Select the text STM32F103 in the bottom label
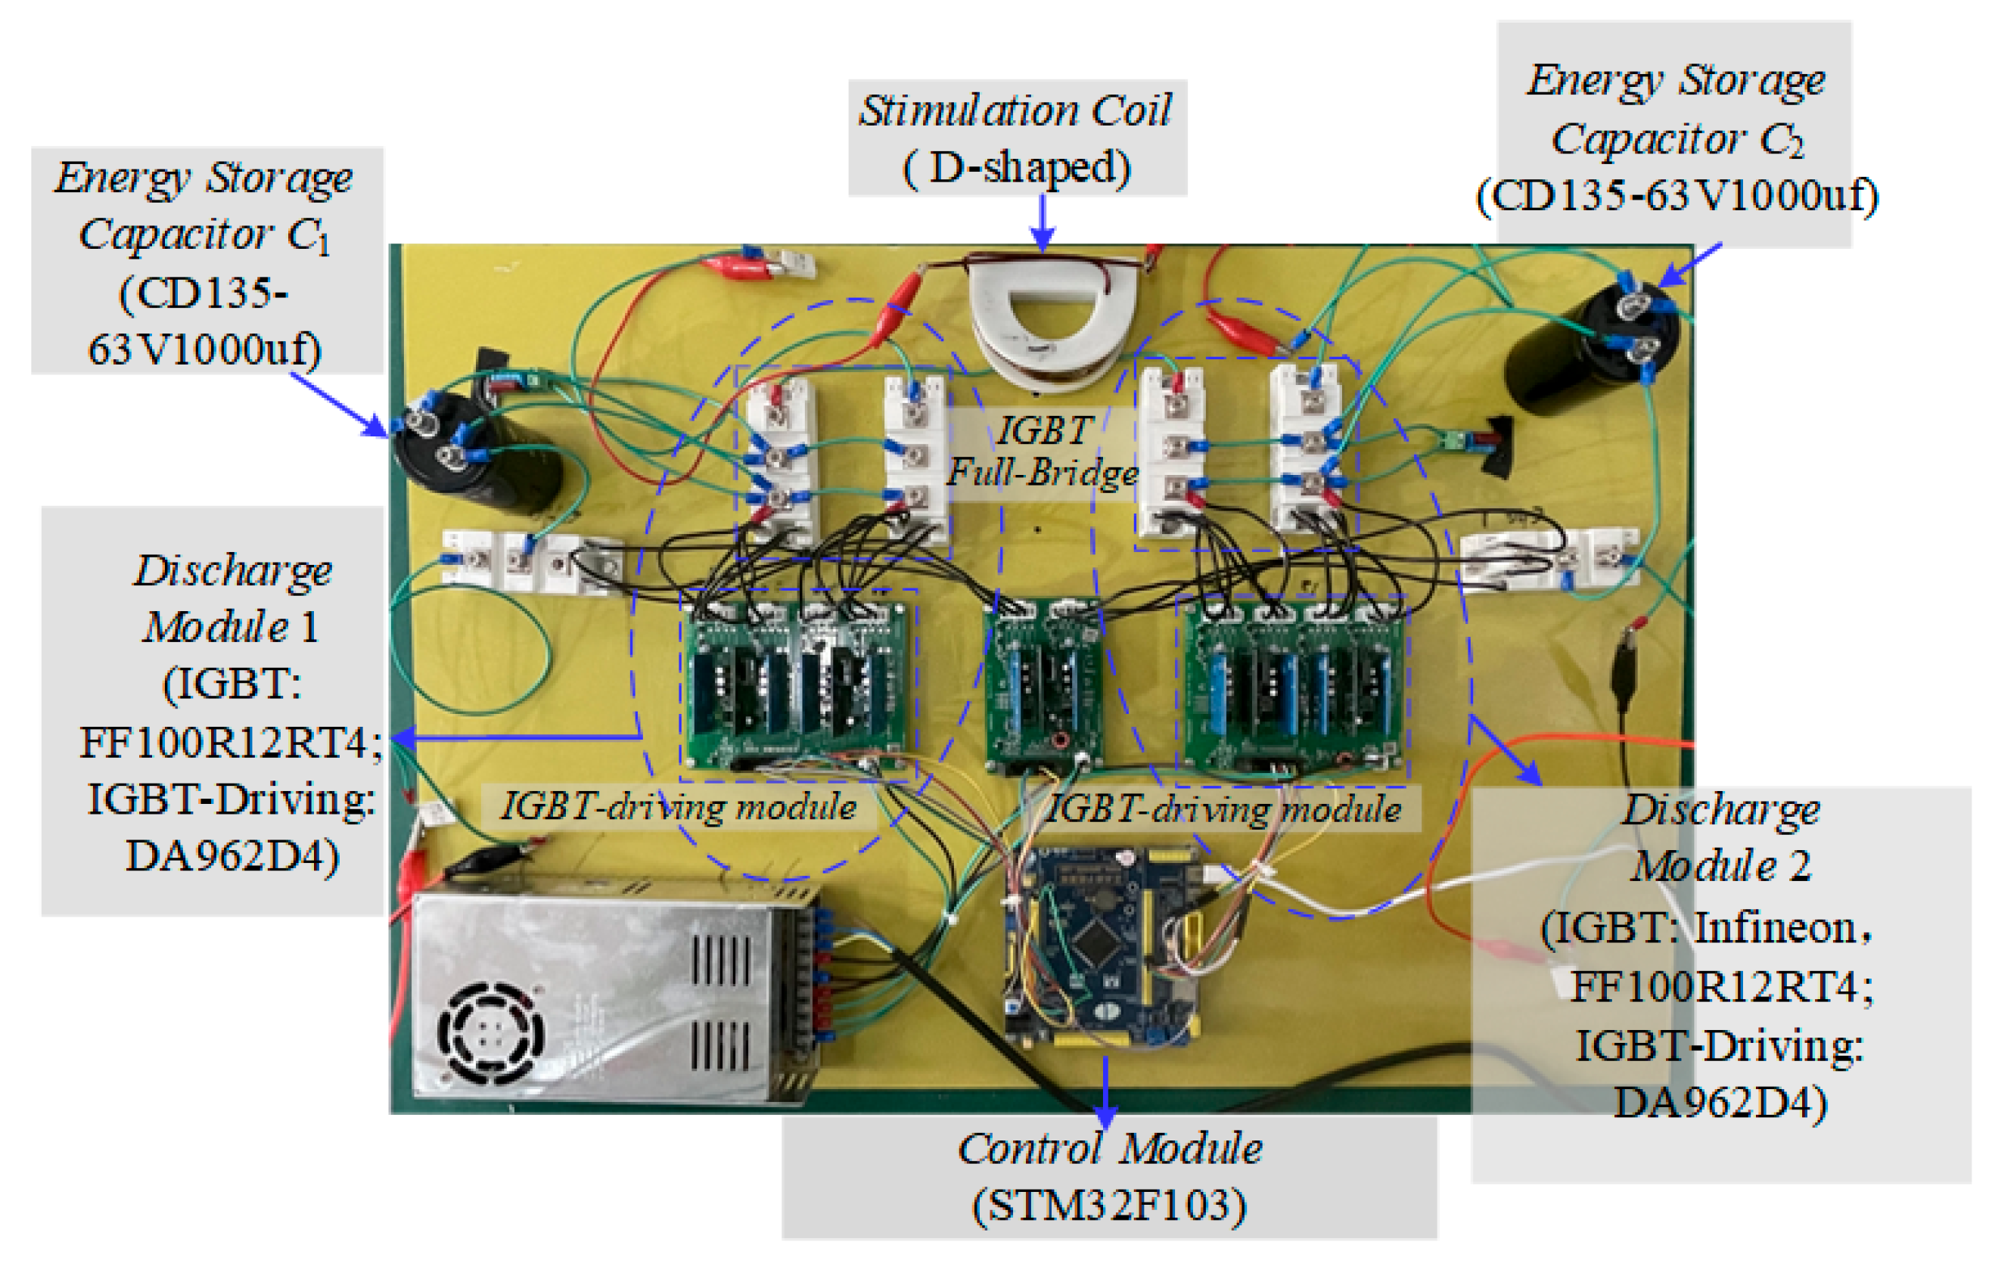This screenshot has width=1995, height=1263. pyautogui.click(x=1109, y=1205)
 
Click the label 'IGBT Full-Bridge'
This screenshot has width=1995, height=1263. pyautogui.click(x=1043, y=452)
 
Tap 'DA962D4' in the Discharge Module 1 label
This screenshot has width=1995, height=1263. pyautogui.click(x=232, y=856)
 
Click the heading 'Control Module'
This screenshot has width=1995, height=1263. pyautogui.click(x=1109, y=1150)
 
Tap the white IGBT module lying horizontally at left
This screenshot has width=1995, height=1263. pyautogui.click(x=530, y=560)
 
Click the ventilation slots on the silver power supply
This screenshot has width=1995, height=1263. pyautogui.click(x=719, y=1002)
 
